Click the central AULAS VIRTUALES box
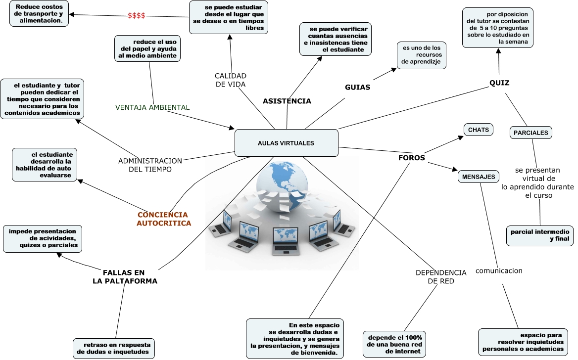286,143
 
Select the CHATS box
478,130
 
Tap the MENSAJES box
478,177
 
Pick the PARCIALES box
530,133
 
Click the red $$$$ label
136,16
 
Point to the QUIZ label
499,83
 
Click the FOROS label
411,158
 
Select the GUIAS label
357,87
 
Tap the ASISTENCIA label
287,101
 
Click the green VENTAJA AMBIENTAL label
152,107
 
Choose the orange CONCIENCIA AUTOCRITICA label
163,219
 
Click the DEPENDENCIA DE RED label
440,277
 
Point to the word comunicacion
499,270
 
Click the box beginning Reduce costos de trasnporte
39,14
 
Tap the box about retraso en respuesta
113,348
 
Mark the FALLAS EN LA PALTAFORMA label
125,277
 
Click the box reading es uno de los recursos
422,55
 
